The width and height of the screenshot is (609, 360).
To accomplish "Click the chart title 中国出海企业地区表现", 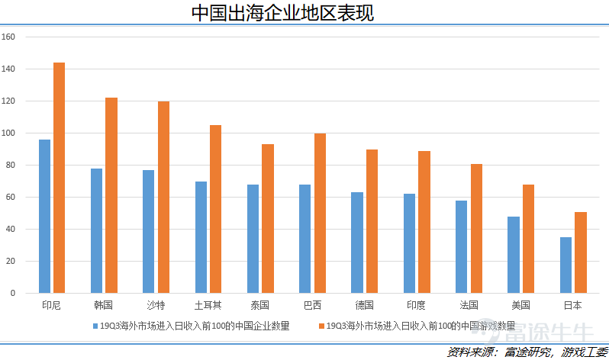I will coord(282,13).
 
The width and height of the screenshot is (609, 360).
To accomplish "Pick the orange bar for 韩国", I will coord(111,195).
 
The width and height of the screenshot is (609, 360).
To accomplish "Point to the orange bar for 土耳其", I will coord(215,209).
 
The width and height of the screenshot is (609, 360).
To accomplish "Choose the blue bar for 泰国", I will coord(253,238).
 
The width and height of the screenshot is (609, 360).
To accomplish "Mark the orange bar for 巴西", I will coord(320,213).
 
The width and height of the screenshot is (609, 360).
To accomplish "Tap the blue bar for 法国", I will coord(462,246).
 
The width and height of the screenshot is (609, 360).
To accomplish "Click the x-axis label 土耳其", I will coord(208,306).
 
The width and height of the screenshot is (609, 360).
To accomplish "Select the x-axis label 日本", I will coord(572,306).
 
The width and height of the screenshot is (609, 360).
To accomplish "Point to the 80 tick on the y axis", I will coord(11,166).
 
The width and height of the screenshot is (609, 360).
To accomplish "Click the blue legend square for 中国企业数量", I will coord(95,326).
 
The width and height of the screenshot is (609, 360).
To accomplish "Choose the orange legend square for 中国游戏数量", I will coord(321,326).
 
